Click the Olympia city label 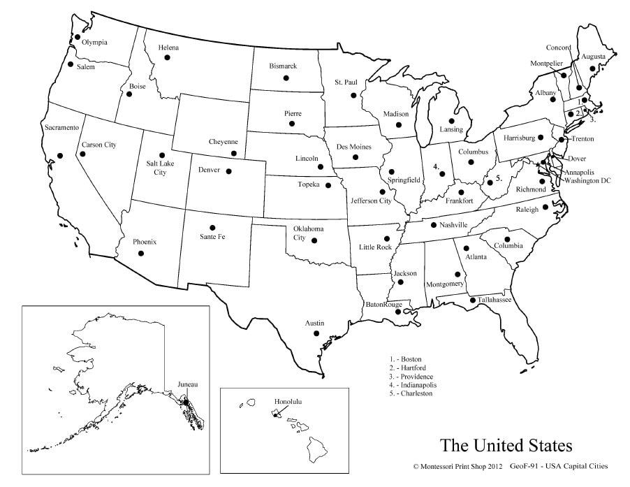(94, 43)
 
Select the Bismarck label (283, 66)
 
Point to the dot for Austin (316, 334)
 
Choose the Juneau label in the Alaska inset (188, 385)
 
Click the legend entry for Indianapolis (415, 385)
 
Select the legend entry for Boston (406, 359)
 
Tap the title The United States (506, 445)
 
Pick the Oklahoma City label (308, 233)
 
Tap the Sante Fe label (212, 237)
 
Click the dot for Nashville (434, 225)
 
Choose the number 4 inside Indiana (436, 167)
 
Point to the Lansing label (451, 129)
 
